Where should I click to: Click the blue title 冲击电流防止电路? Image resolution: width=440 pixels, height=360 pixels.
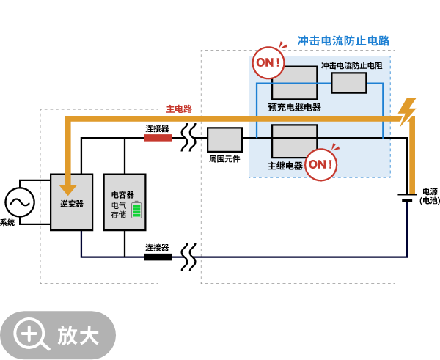[x=343, y=40]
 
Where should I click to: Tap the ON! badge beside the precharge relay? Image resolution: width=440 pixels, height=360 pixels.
[x=268, y=63]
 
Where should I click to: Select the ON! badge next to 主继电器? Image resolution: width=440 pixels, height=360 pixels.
[x=320, y=165]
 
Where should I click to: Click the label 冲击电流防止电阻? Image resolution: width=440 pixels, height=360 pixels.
[x=351, y=66]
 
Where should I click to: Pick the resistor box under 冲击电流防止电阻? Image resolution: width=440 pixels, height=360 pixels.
[x=348, y=83]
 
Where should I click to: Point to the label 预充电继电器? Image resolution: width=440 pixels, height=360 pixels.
[x=294, y=107]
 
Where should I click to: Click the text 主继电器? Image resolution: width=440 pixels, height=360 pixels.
[x=285, y=166]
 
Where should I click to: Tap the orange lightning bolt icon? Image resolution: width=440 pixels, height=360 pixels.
[x=406, y=111]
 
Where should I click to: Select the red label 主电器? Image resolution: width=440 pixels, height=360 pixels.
[x=179, y=109]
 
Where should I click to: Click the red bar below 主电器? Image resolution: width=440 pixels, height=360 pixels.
[x=158, y=138]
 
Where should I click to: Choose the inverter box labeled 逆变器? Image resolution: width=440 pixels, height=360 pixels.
[x=71, y=202]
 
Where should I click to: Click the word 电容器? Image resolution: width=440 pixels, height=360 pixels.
[x=122, y=195]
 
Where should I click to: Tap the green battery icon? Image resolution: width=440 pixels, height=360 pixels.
[x=136, y=210]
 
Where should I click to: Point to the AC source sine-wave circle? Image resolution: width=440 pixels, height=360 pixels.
[x=20, y=202]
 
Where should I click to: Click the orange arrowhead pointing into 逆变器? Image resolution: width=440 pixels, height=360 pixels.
[x=68, y=189]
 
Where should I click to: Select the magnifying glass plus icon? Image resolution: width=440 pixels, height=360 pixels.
[x=30, y=334]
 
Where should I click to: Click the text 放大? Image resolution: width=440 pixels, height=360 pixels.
[x=78, y=335]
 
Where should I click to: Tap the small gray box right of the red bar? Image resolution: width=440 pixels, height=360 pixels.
[x=224, y=139]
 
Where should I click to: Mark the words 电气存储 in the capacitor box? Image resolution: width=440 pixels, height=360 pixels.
[x=119, y=210]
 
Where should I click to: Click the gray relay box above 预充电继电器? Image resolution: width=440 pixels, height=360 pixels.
[x=294, y=83]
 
